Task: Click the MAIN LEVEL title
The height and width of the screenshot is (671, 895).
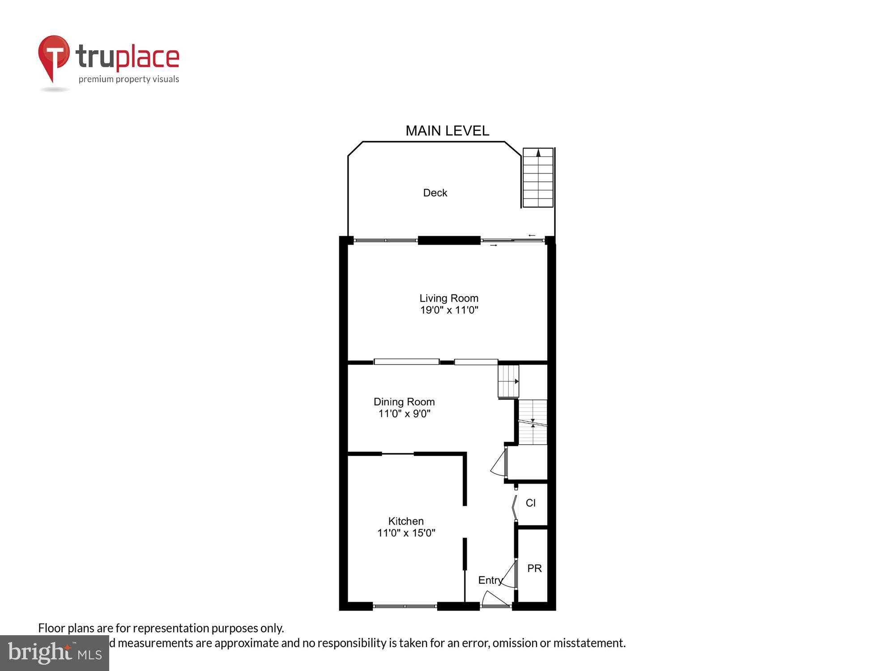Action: click(447, 131)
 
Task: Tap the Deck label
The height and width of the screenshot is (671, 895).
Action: click(435, 193)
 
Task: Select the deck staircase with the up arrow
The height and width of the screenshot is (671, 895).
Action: click(538, 178)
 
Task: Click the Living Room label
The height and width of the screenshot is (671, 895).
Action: click(449, 298)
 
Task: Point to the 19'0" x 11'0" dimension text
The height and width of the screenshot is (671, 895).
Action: click(449, 310)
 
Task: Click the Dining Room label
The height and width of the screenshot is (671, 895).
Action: click(404, 402)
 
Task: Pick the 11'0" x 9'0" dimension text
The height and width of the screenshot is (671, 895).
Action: click(404, 414)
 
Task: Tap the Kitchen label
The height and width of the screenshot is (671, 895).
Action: click(406, 521)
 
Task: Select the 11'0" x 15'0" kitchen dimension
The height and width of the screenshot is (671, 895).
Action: click(406, 533)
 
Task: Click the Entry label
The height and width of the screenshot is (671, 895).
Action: click(490, 580)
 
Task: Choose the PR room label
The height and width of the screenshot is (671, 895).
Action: click(534, 569)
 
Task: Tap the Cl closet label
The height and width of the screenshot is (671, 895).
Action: click(531, 503)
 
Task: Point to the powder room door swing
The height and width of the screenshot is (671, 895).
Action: click(509, 575)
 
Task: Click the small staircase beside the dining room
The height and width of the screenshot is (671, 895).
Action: click(508, 381)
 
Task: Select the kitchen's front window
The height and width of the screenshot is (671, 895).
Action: click(405, 606)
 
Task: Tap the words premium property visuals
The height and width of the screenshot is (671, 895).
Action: click(129, 80)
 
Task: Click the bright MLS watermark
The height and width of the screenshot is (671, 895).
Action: click(55, 653)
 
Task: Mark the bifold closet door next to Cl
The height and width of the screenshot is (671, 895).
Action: click(515, 507)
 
